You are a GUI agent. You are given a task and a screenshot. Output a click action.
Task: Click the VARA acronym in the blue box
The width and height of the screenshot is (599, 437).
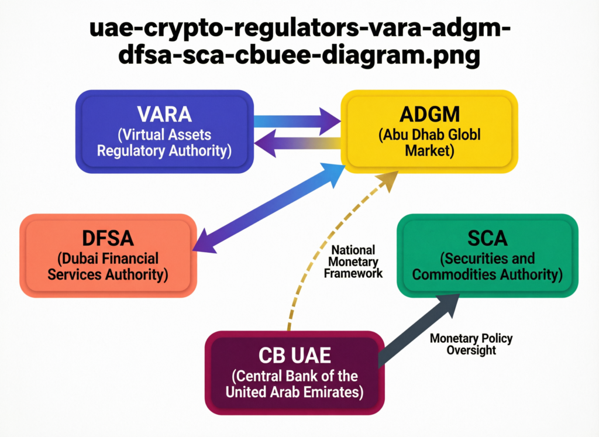pyautogui.click(x=164, y=113)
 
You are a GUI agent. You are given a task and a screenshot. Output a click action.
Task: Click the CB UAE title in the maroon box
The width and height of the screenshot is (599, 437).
pyautogui.click(x=294, y=356)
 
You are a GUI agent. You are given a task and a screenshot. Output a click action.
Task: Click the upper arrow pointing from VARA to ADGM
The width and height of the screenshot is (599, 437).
pyautogui.click(x=298, y=122)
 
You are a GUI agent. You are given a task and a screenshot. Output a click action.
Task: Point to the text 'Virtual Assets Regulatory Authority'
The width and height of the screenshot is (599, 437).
pyautogui.click(x=164, y=143)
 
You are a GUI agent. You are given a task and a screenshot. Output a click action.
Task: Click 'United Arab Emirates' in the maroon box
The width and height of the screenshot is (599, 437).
pyautogui.click(x=294, y=391)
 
